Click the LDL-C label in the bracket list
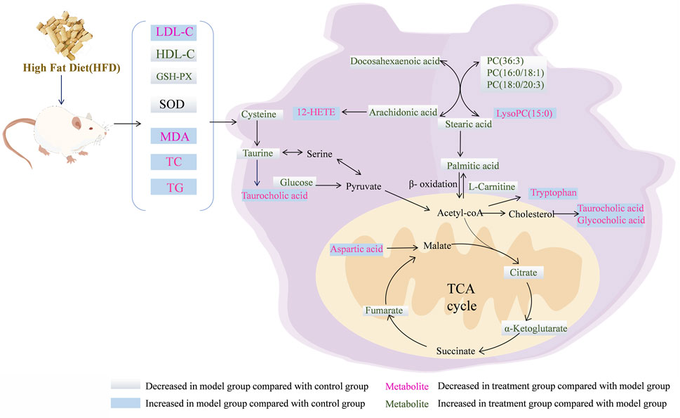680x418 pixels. [172, 32]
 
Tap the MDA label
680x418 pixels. [173, 136]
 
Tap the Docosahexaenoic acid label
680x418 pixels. [396, 62]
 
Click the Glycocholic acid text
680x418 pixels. [608, 221]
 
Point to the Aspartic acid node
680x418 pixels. [357, 249]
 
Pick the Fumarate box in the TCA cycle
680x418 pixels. [382, 310]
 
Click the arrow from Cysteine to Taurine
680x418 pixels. [260, 133]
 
